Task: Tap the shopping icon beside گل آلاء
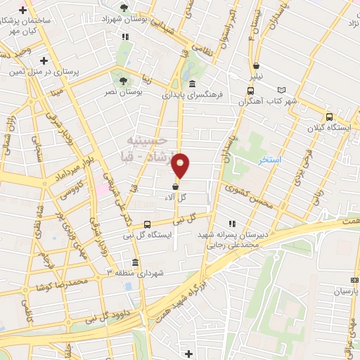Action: [x=174, y=186]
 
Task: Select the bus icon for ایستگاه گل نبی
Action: [x=146, y=224]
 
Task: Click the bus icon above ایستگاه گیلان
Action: [x=328, y=117]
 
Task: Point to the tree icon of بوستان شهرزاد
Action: [x=124, y=8]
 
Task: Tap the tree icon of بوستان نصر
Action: [x=124, y=81]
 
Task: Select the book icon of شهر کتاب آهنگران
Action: [x=282, y=90]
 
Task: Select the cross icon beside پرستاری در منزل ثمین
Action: [x=44, y=61]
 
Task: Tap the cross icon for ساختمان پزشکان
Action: [x=23, y=11]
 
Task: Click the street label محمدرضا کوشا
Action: [x=65, y=282]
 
